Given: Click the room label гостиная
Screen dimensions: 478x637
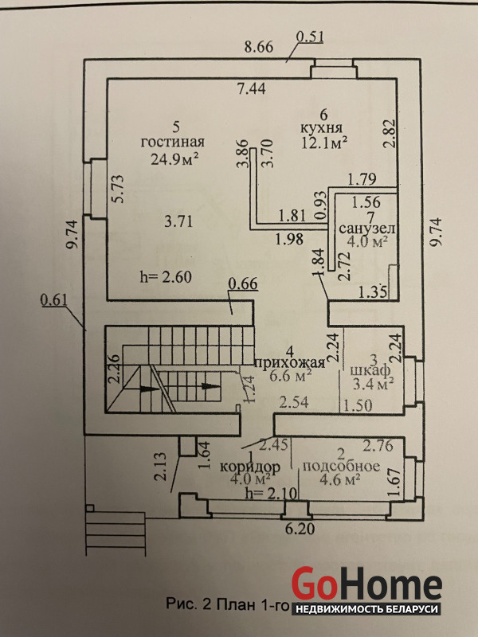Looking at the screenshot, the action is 172,143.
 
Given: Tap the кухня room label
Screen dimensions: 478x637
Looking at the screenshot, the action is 321,128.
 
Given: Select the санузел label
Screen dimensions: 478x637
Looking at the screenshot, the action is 367,229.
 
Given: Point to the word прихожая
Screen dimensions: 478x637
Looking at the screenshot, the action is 290,362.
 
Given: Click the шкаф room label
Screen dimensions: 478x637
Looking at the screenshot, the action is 370,370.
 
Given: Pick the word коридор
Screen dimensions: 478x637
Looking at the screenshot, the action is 249,467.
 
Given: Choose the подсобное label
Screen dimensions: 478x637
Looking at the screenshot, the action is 341,466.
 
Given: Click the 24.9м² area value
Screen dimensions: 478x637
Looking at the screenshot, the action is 174,158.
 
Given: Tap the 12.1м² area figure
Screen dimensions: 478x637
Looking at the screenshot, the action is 324,143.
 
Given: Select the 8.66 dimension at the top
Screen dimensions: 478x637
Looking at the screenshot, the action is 258,47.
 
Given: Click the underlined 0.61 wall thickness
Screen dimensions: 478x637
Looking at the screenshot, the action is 54,301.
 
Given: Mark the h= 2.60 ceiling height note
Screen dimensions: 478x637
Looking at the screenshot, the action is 166,277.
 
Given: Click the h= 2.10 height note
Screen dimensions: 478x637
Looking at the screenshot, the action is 272,493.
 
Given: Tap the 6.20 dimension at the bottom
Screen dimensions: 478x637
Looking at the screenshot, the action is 300,529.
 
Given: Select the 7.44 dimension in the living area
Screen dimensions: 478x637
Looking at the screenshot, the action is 252,88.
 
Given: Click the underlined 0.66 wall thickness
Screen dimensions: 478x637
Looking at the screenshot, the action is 243,284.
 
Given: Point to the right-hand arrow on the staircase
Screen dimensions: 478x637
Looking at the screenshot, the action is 210,386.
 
